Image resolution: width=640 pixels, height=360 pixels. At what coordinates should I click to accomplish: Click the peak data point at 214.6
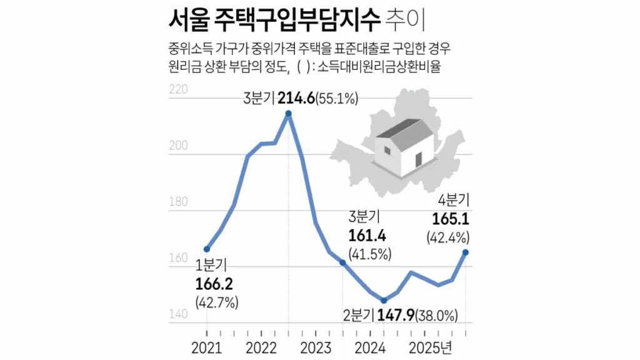[288, 114]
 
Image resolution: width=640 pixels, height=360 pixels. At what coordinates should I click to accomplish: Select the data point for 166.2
[207, 249]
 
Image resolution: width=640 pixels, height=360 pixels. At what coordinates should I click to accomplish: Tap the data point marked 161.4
[342, 262]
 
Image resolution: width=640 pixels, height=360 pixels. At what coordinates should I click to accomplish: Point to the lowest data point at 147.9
[383, 301]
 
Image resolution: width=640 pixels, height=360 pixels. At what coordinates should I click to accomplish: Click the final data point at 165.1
[466, 252]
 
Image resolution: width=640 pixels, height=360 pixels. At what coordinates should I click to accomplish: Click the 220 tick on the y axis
[179, 90]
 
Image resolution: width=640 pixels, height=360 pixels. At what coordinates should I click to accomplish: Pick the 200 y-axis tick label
[179, 146]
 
